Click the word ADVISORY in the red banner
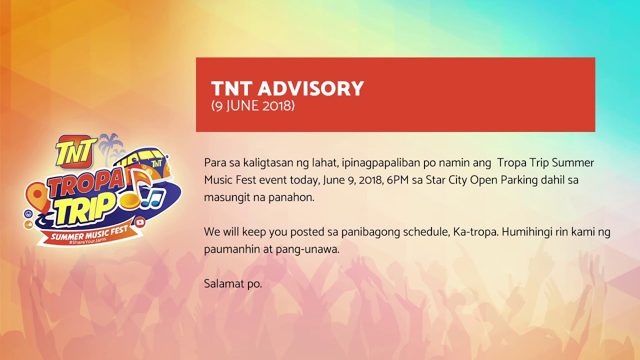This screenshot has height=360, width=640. (x=310, y=89)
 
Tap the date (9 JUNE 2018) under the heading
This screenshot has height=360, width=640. (x=252, y=106)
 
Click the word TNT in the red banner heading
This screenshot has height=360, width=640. (x=232, y=89)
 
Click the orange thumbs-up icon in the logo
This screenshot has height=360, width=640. (x=28, y=225)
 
